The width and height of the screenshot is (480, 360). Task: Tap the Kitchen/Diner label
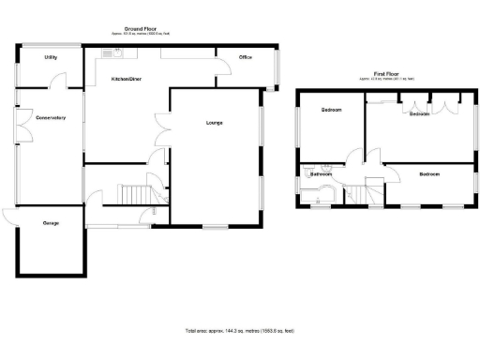point(127,79)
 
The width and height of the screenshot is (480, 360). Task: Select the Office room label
point(246,57)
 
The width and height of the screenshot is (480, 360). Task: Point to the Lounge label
point(214,122)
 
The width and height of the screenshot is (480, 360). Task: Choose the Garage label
point(50,223)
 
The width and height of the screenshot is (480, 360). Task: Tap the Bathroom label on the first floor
point(322,173)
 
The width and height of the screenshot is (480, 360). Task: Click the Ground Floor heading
point(140,29)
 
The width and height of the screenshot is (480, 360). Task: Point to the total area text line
point(239,331)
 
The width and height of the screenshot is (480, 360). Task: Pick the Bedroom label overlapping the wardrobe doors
point(418,114)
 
